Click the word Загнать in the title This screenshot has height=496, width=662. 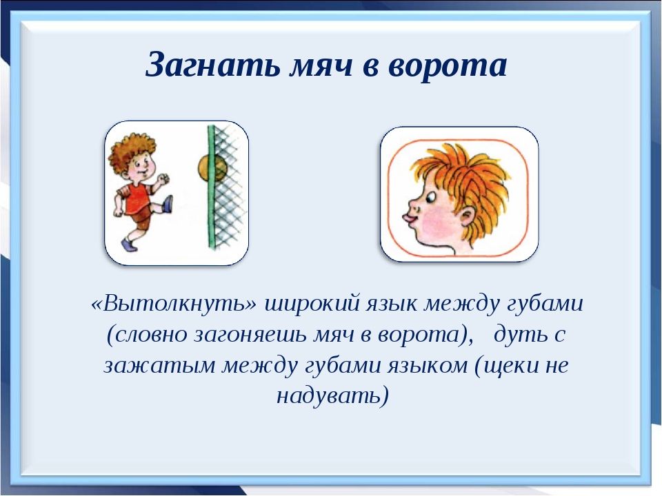212,65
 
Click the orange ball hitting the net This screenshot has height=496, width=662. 212,168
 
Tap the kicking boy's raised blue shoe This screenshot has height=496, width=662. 168,204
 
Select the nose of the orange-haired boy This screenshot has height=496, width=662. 414,205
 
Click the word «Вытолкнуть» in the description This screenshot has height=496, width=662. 174,303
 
